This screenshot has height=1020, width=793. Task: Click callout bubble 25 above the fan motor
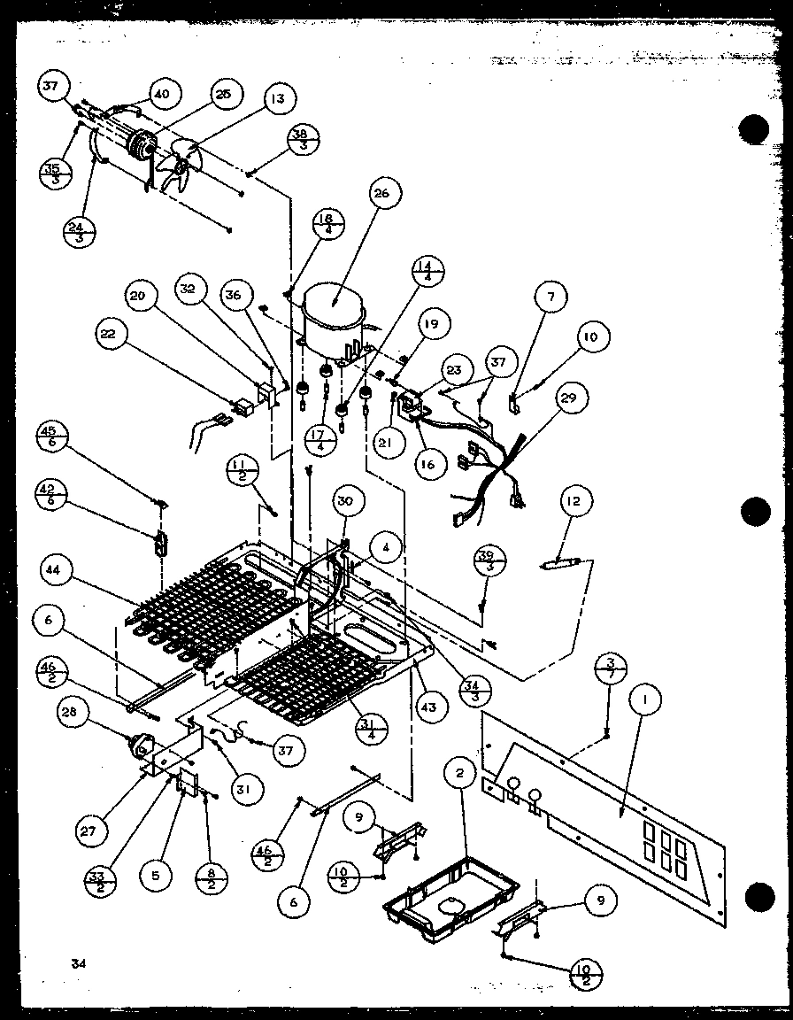(x=222, y=95)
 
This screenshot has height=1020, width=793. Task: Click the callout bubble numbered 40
(x=164, y=95)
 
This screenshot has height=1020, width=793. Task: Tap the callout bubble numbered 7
(x=551, y=298)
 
